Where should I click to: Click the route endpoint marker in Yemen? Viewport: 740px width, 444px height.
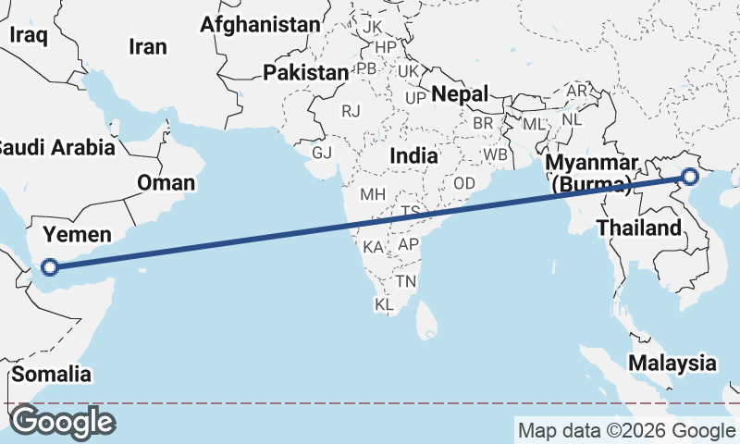pyautogui.click(x=50, y=268)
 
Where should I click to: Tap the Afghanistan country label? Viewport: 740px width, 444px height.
pyautogui.click(x=260, y=24)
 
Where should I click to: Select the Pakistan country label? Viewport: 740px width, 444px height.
pyautogui.click(x=305, y=72)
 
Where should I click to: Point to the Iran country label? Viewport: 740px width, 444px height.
pyautogui.click(x=148, y=46)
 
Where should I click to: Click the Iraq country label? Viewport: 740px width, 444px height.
pyautogui.click(x=28, y=34)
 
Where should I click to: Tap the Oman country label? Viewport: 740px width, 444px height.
pyautogui.click(x=166, y=182)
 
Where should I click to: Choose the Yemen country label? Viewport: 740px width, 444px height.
pyautogui.click(x=79, y=234)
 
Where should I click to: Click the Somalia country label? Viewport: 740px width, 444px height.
pyautogui.click(x=53, y=375)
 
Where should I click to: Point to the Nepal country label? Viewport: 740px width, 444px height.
pyautogui.click(x=460, y=93)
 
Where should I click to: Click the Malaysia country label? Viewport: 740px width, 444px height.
pyautogui.click(x=672, y=363)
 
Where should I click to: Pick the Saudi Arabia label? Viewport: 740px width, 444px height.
pyautogui.click(x=55, y=146)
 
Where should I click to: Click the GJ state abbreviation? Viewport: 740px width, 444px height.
pyautogui.click(x=321, y=153)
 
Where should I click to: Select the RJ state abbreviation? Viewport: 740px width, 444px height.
pyautogui.click(x=351, y=111)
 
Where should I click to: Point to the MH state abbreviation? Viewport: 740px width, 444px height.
pyautogui.click(x=373, y=195)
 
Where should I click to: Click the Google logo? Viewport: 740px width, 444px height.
pyautogui.click(x=61, y=422)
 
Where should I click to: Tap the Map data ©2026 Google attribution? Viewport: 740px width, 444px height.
pyautogui.click(x=625, y=430)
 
